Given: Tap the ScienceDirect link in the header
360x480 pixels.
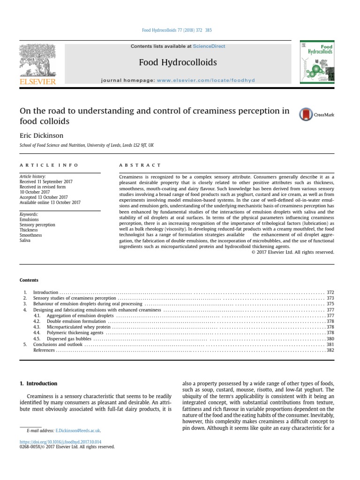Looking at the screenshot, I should point(209,46).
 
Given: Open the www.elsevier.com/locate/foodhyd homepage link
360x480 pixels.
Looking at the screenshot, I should point(206,80).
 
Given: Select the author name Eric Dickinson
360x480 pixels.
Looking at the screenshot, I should point(41,135).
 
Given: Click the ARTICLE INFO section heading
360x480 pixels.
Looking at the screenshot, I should point(49,165).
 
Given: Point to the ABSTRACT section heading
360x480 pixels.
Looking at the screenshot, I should point(140,165).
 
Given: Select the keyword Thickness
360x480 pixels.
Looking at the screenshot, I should point(29,230).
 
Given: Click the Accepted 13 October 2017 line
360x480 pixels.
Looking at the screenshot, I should point(44,197).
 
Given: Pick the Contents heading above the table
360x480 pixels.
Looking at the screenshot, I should point(29,280).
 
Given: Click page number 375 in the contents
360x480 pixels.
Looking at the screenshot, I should point(330,304).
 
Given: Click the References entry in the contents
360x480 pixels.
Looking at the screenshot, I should point(44,350).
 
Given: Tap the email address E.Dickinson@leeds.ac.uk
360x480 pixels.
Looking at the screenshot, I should point(77,430).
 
